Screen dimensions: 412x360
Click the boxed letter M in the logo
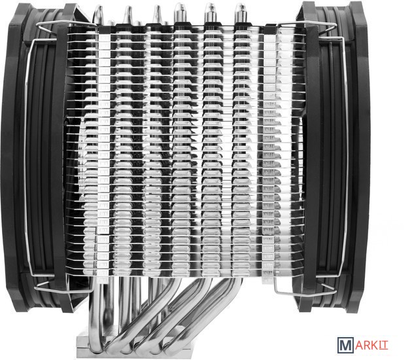point(345,345)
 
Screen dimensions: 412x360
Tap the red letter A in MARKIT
point(360,346)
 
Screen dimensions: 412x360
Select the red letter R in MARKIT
point(368,346)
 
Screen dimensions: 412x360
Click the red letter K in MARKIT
point(376,346)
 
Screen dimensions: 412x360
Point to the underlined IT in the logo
point(384,346)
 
